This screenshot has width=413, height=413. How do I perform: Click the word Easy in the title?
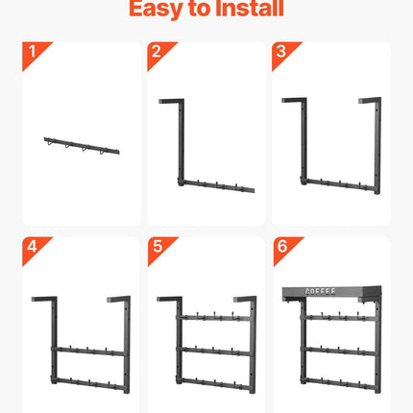[x=156, y=9]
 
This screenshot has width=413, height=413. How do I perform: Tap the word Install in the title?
[x=250, y=8]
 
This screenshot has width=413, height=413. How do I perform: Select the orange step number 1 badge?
[x=36, y=55]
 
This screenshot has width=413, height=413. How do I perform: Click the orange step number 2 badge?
[x=160, y=55]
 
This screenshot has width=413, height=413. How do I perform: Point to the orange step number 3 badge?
[x=285, y=55]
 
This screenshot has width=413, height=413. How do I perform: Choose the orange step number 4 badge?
[x=36, y=250]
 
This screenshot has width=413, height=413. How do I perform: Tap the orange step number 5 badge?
[x=161, y=250]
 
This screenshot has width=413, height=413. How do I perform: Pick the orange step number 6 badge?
[x=286, y=250]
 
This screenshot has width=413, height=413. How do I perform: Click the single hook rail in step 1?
[x=82, y=146]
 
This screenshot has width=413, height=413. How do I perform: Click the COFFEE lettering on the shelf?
[x=321, y=292]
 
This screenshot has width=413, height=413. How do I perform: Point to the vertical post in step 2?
[x=182, y=142]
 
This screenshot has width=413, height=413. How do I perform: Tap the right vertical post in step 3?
[x=377, y=146]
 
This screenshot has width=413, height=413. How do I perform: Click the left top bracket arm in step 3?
[x=294, y=100]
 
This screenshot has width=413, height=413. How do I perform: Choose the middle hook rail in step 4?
[x=89, y=351]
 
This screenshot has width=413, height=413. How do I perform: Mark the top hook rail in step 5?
[x=214, y=318]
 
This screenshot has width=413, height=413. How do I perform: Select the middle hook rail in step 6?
[x=339, y=351]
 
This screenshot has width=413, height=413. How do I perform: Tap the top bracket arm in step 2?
[x=171, y=101]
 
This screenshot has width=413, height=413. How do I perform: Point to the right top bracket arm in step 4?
[x=118, y=299]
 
